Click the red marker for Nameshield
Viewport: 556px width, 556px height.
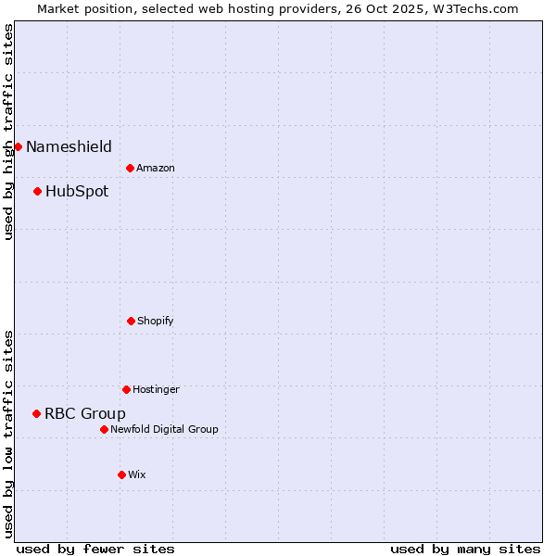(18, 146)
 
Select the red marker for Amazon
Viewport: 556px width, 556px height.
(131, 168)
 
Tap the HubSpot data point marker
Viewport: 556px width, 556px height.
(38, 192)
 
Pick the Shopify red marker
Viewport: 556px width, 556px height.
(131, 321)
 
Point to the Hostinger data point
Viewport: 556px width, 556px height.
(126, 389)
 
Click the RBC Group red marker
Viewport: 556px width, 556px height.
(37, 413)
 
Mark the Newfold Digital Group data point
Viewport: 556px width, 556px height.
(104, 429)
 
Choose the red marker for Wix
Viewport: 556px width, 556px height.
(121, 474)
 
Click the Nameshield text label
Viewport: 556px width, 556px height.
(69, 146)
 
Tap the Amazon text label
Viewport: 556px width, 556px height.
(156, 168)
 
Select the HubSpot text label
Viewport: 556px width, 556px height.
(77, 192)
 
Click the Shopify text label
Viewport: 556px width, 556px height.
(156, 321)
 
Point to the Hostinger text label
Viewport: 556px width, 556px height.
(156, 389)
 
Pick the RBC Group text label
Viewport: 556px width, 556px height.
(85, 413)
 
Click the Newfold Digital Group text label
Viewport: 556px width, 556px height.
(164, 429)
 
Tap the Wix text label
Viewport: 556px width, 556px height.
(137, 474)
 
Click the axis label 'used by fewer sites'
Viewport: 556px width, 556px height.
(95, 549)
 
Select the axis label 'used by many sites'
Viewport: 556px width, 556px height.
(465, 549)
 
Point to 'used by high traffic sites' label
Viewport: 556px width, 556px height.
(8, 132)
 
